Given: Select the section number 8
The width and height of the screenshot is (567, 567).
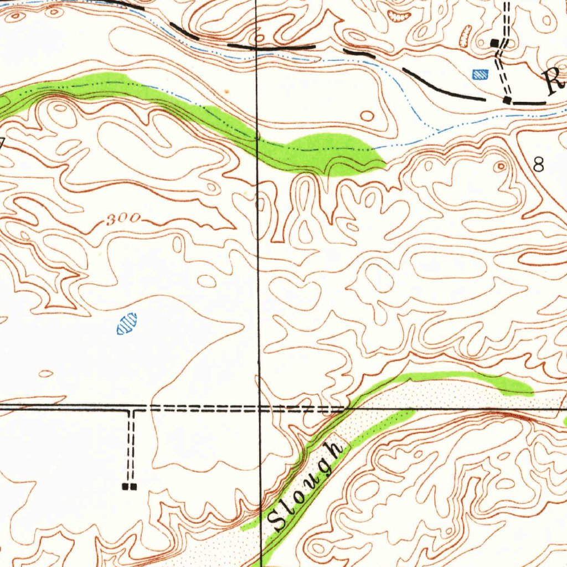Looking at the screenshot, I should [x=538, y=164].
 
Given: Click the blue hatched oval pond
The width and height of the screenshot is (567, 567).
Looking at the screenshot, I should [x=127, y=323].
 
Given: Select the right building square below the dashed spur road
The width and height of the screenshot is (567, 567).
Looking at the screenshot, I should [x=133, y=487].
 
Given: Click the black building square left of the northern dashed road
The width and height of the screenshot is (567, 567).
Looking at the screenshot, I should [x=494, y=43].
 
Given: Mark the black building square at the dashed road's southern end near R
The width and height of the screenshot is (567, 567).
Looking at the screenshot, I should [x=507, y=100].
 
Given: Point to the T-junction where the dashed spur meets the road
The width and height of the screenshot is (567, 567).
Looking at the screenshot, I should [x=131, y=409].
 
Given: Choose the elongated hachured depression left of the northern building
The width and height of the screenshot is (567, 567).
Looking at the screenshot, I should [x=466, y=37].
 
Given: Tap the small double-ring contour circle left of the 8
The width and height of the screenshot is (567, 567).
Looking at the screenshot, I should [x=501, y=166].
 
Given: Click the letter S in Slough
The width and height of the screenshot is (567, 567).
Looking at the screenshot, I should [x=276, y=520].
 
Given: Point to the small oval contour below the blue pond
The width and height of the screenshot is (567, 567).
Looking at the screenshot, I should [x=47, y=373].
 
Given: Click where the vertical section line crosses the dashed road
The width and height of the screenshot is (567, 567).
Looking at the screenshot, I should [x=259, y=409].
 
